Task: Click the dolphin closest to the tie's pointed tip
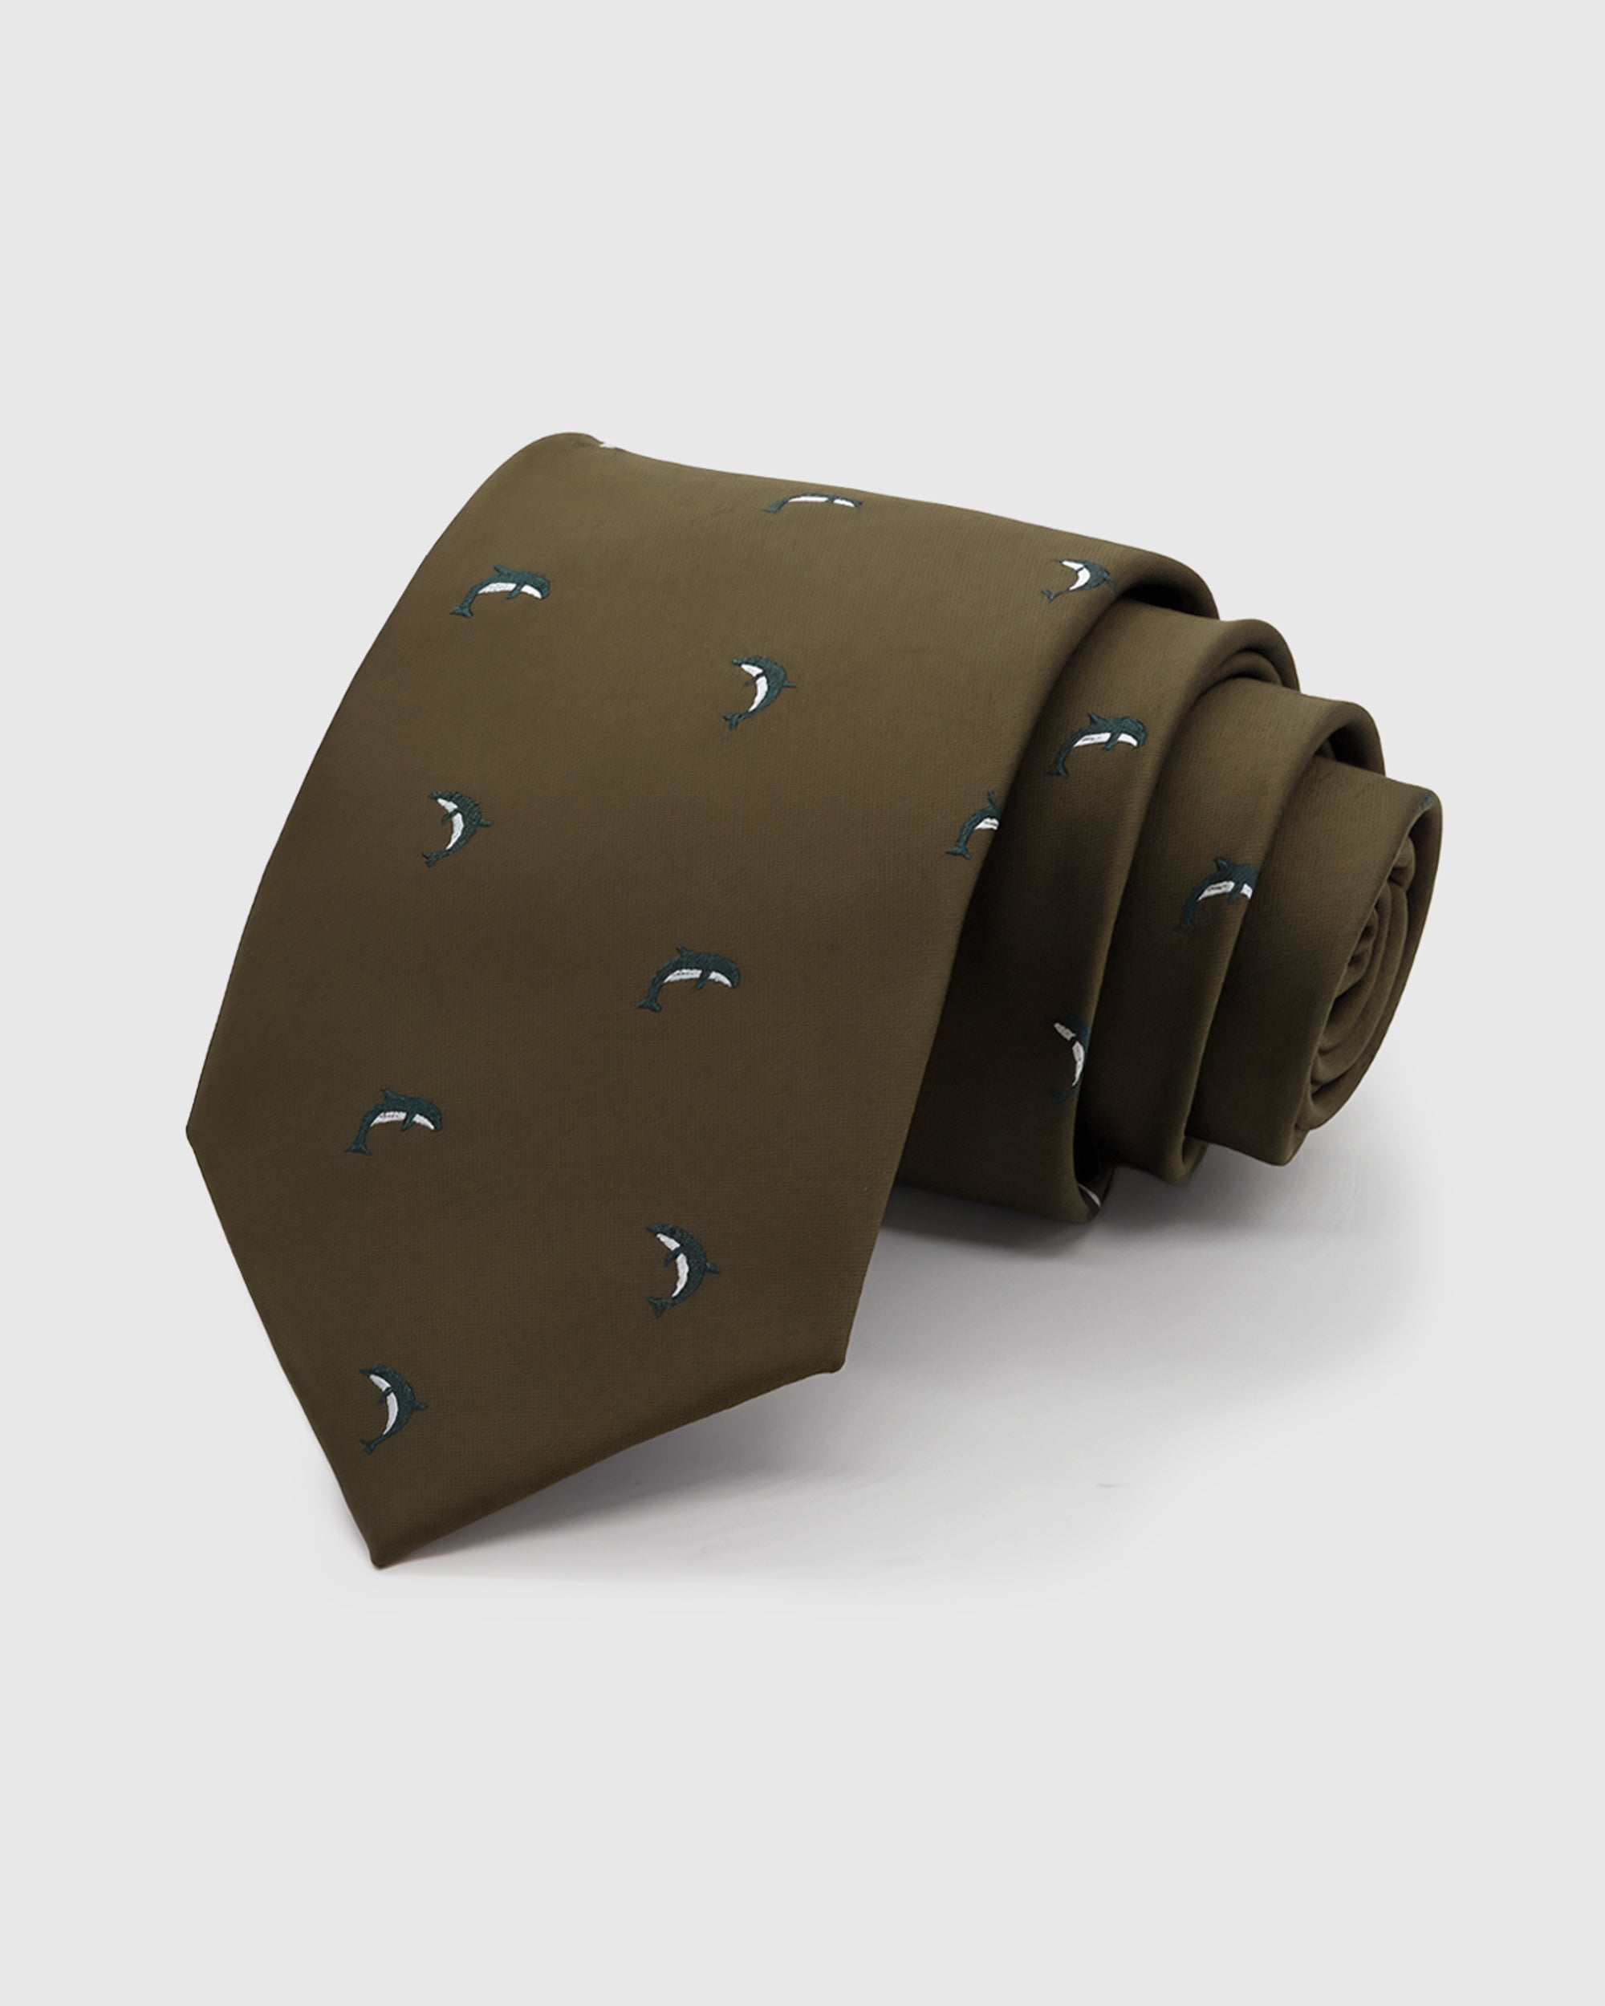[392, 1410]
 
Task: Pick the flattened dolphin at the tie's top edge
[813, 503]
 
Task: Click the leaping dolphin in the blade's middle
[689, 977]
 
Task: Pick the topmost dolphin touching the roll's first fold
[1079, 579]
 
